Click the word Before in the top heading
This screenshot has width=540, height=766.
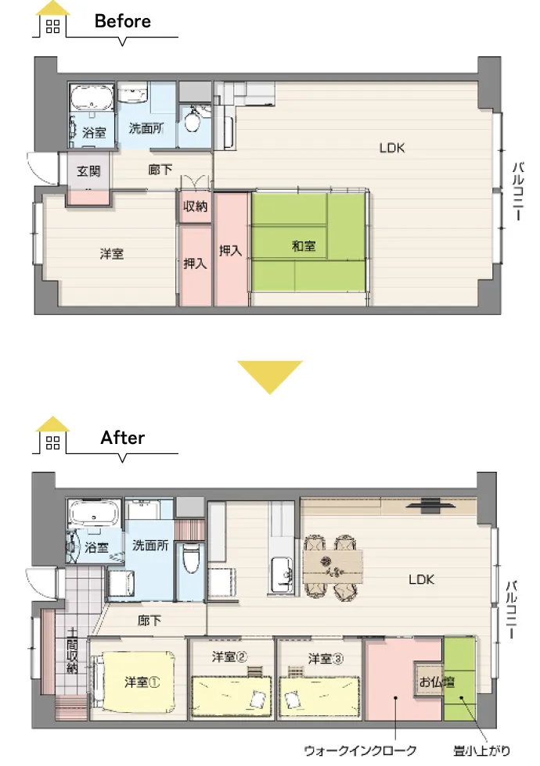122,21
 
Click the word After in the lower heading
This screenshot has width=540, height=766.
123,437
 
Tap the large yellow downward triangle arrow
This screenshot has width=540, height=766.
270,377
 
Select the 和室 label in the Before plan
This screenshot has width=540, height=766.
304,245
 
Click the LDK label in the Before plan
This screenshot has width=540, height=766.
392,148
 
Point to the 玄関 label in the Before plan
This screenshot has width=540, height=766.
88,171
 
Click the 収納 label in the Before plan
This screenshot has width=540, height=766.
195,206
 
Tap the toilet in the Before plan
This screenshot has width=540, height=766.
193,119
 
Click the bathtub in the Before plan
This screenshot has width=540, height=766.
91,97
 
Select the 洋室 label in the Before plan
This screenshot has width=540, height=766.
111,253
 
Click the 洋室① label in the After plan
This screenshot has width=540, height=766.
142,682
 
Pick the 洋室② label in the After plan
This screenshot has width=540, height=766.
230,656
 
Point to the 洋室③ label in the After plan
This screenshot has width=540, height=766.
326,658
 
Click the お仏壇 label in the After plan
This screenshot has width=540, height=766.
437,681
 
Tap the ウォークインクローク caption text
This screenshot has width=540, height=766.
360,750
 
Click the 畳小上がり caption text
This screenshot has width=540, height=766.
482,750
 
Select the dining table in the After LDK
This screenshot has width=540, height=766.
333,567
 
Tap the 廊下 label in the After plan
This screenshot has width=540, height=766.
149,621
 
